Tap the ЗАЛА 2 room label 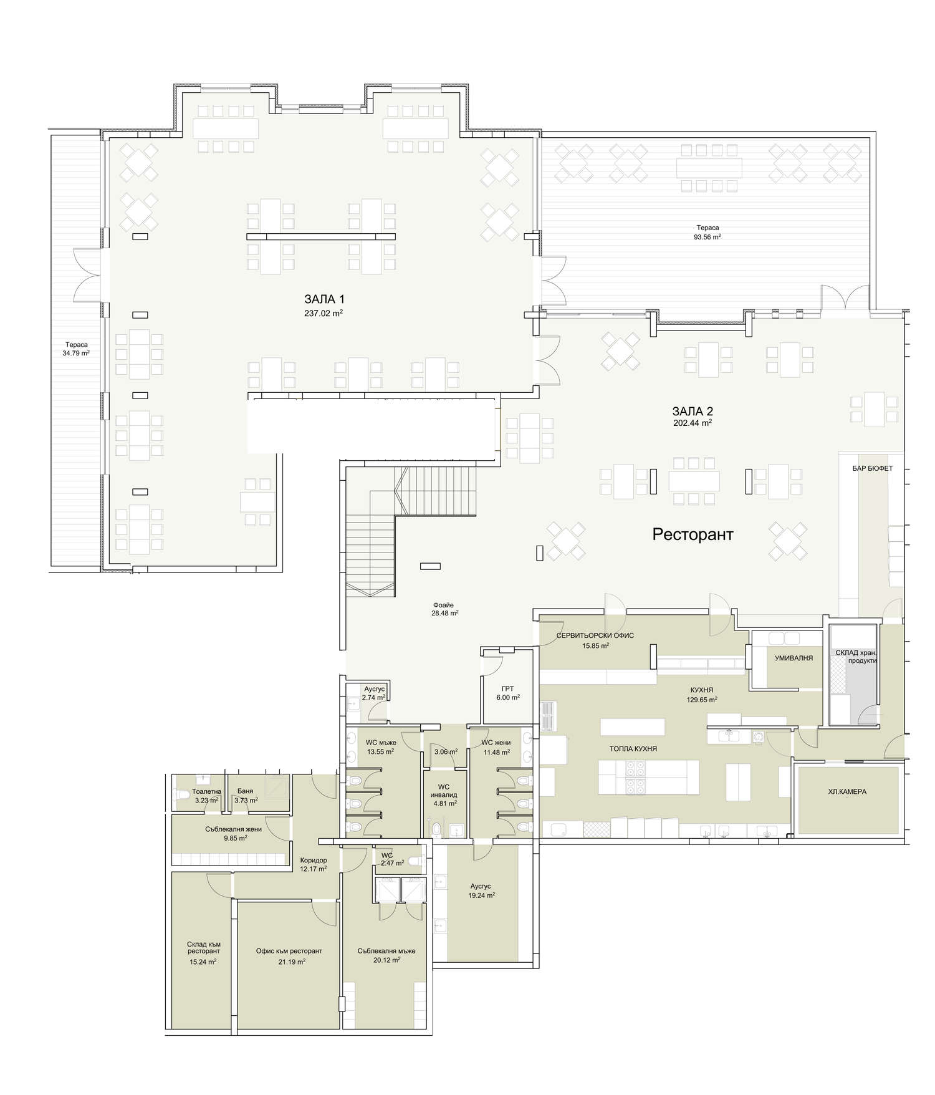[693, 411]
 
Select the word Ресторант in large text [693, 534]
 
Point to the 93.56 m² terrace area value [707, 237]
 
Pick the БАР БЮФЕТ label [873, 468]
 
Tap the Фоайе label [443, 605]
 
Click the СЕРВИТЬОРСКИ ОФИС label [595, 635]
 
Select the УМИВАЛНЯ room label [794, 658]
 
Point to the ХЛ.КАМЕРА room [847, 791]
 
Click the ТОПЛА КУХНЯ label [633, 749]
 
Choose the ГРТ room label [507, 690]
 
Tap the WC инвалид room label [444, 791]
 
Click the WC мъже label [381, 743]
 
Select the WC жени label [496, 743]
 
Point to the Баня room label [245, 791]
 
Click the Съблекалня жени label [233, 829]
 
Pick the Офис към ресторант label [289, 951]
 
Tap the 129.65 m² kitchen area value [702, 700]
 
